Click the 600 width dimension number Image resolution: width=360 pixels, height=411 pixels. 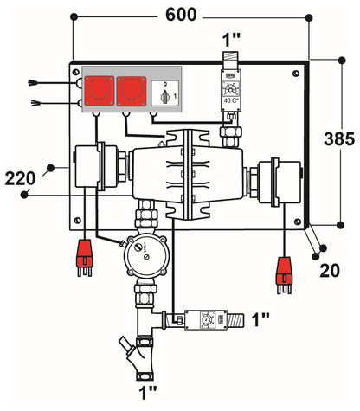click(179, 15)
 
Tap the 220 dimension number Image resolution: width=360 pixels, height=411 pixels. click(21, 178)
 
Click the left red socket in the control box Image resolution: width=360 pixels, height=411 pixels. click(94, 89)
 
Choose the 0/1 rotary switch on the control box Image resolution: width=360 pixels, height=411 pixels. click(159, 91)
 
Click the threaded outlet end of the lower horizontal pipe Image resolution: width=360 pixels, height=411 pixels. click(243, 319)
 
